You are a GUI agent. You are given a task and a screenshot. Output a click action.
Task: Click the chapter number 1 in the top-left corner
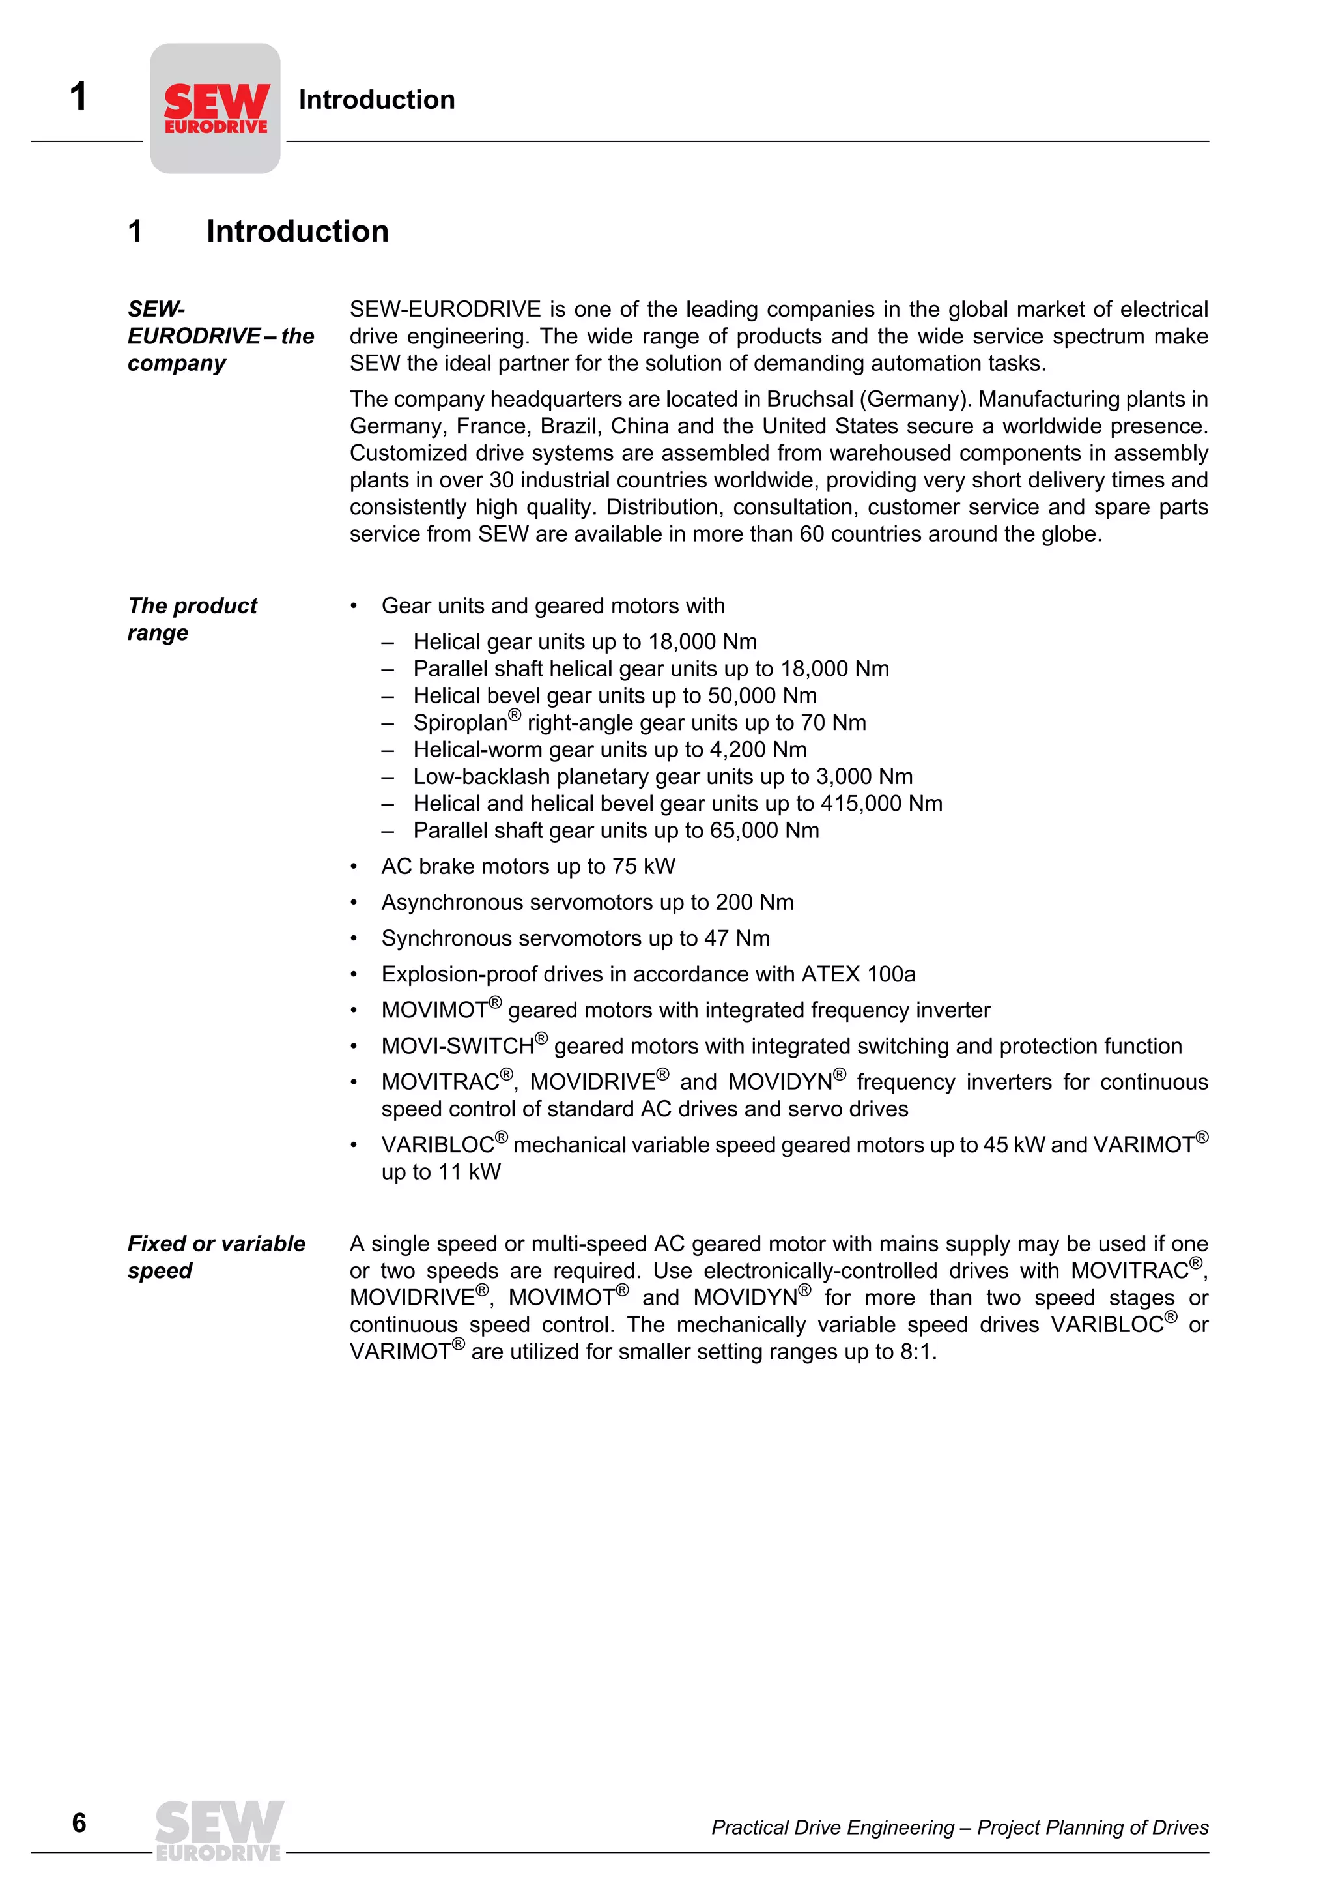coord(78,97)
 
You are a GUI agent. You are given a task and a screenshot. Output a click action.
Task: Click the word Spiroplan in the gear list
coord(460,723)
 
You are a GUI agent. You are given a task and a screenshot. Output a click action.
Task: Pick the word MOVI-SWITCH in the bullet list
coord(457,1046)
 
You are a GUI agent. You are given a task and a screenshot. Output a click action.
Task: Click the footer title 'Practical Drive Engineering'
coord(832,1827)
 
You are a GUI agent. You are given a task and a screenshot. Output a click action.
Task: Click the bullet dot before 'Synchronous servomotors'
coord(354,939)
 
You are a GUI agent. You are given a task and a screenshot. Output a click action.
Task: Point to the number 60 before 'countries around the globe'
coord(812,534)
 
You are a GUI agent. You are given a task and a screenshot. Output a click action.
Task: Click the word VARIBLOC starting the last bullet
coord(437,1145)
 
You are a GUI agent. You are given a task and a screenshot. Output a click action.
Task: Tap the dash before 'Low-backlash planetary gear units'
coord(388,777)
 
